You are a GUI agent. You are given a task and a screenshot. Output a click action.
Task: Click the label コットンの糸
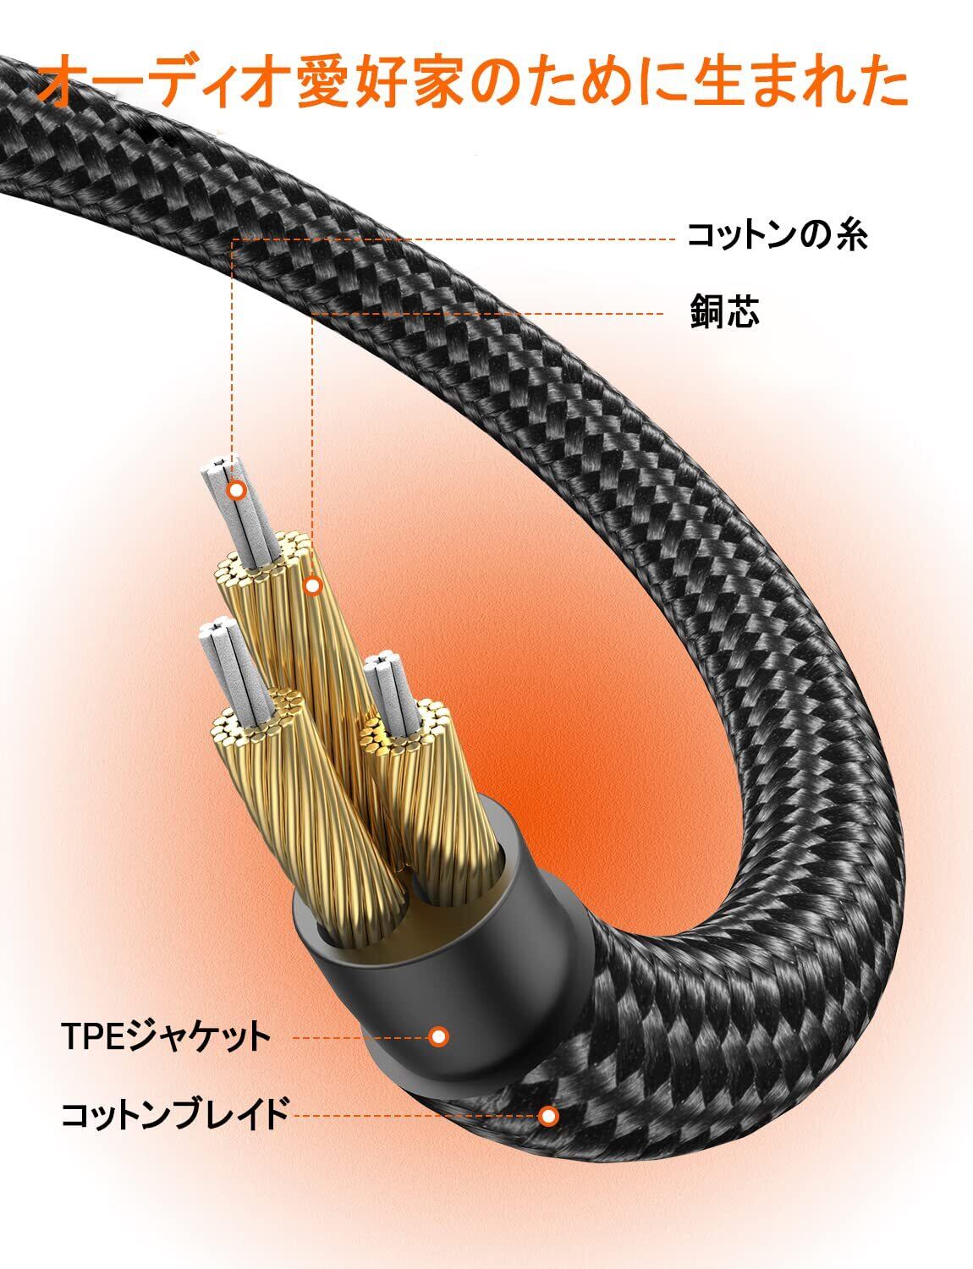[x=777, y=237]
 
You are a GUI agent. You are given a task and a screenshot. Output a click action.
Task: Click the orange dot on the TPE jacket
[x=437, y=1036]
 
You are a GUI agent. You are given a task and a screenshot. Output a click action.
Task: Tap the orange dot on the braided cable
[x=549, y=1116]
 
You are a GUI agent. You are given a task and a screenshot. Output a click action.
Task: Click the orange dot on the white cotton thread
[x=238, y=490]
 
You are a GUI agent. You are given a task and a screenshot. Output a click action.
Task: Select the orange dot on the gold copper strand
[x=313, y=585]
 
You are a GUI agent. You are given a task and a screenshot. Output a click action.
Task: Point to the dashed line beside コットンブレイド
[x=415, y=1116]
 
